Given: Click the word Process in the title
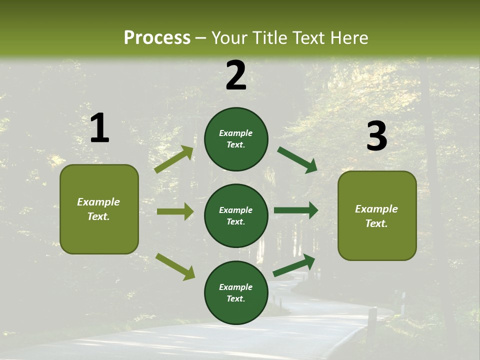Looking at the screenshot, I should pyautogui.click(x=157, y=37).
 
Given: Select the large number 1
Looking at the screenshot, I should pyautogui.click(x=99, y=128).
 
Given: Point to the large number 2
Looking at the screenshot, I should pyautogui.click(x=236, y=75).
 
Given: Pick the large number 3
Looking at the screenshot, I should pyautogui.click(x=376, y=136).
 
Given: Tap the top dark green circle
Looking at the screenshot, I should pyautogui.click(x=236, y=138).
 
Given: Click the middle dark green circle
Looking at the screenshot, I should pyautogui.click(x=236, y=215).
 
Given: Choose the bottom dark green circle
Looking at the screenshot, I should pyautogui.click(x=236, y=292).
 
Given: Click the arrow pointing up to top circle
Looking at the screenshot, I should pyautogui.click(x=174, y=159).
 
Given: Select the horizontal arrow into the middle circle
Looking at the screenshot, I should pyautogui.click(x=175, y=211).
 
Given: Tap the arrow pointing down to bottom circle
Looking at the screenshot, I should pyautogui.click(x=175, y=266).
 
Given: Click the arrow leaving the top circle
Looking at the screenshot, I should pyautogui.click(x=297, y=159).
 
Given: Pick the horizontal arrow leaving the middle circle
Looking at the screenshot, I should pyautogui.click(x=295, y=210).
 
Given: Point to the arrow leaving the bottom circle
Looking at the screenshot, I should pyautogui.click(x=294, y=265).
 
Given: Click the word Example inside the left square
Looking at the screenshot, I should pyautogui.click(x=98, y=202).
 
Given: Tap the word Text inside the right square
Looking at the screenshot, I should pyautogui.click(x=375, y=223).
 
